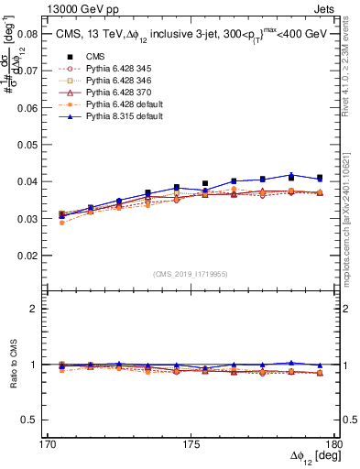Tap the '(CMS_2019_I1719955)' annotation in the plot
(191, 273)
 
